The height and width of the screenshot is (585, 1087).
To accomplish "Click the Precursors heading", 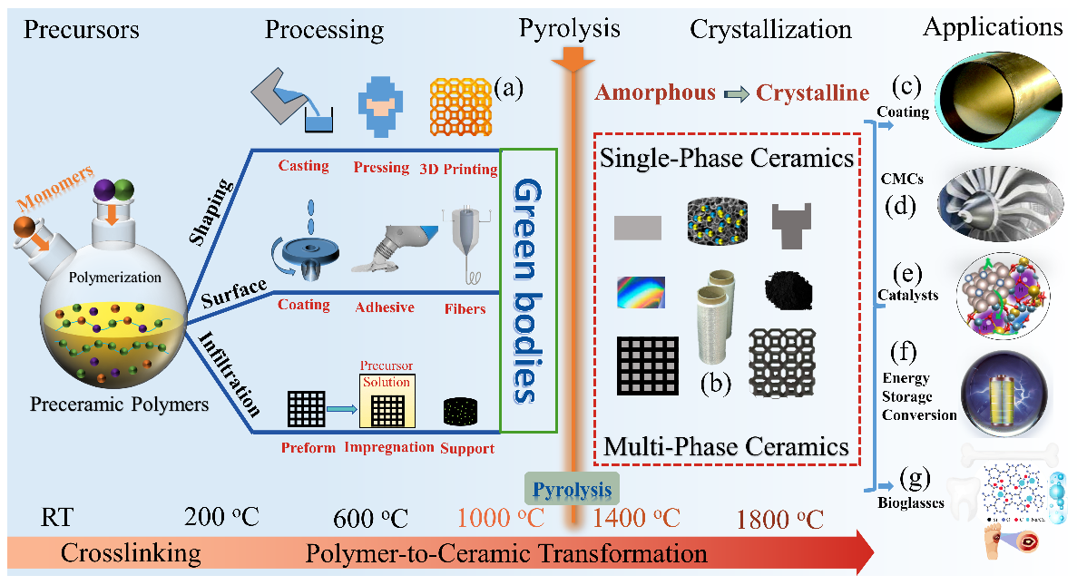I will tap(82, 29).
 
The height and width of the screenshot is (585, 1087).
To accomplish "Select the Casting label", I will tap(303, 167).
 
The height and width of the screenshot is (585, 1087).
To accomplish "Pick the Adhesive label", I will tap(385, 307).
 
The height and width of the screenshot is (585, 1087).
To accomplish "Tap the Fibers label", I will tap(465, 308).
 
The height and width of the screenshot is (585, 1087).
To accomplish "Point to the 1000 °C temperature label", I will tap(501, 520).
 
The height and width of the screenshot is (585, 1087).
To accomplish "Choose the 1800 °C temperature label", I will tap(780, 520).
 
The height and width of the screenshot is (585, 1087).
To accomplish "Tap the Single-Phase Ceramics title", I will tap(725, 158).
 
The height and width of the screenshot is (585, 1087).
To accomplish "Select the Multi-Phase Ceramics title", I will tap(726, 446).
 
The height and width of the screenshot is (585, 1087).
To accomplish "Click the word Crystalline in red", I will tap(813, 93).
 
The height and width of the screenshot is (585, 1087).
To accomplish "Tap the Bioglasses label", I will tap(912, 501).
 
